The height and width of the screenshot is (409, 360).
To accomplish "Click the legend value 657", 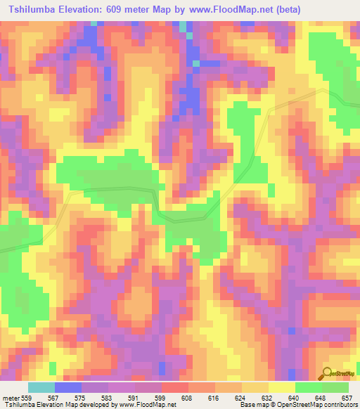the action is coord(348,397).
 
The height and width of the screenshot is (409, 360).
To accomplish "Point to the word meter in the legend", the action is coord(11,397).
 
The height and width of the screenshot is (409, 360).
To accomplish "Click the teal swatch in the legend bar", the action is coord(41,387).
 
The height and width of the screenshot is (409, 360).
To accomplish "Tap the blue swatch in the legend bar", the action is coord(68,387).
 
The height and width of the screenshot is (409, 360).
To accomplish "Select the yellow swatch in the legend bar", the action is coord(281,387).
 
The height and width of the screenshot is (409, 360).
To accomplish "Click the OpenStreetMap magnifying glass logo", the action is coord(326,373).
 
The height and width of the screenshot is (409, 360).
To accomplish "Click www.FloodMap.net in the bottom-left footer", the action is coord(147,405).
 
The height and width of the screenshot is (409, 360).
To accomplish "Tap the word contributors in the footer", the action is coord(340,405).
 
